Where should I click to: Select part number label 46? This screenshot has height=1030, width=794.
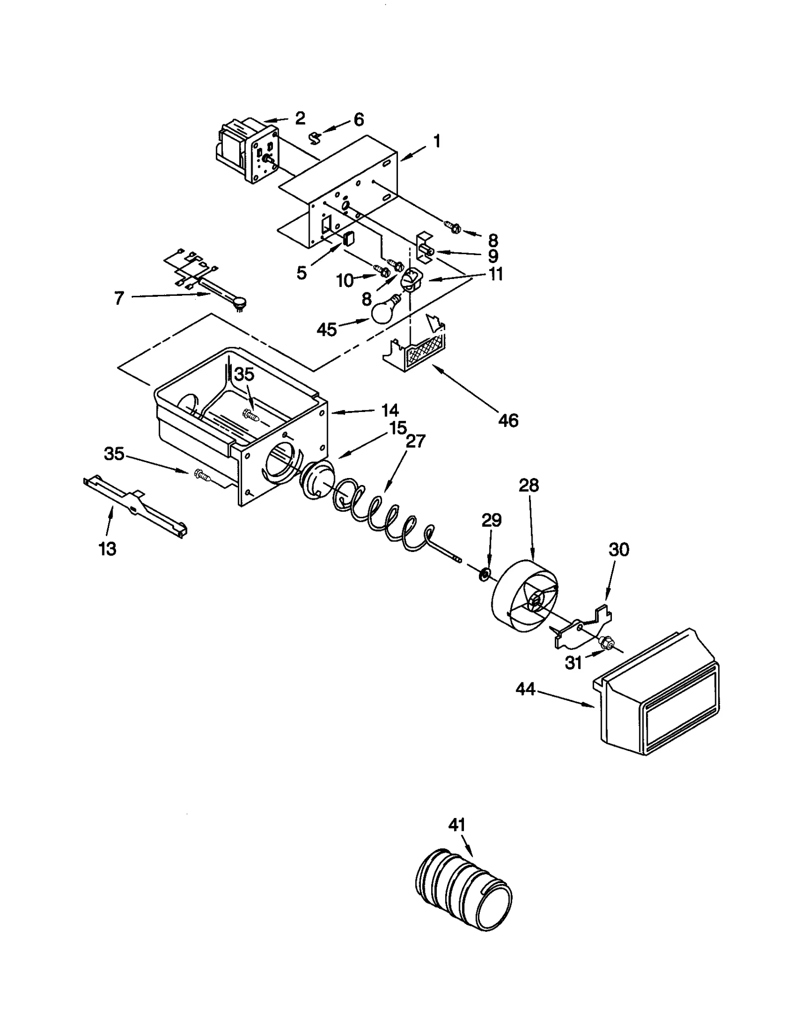(508, 420)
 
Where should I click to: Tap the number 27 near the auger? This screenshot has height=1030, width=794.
(416, 441)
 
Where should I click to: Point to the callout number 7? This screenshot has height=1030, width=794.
(119, 298)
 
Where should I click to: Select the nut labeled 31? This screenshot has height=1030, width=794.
(605, 644)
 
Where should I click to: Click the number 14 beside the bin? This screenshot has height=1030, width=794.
(390, 410)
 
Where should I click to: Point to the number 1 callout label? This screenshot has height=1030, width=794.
(437, 142)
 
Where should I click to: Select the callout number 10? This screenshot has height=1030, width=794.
(345, 280)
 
